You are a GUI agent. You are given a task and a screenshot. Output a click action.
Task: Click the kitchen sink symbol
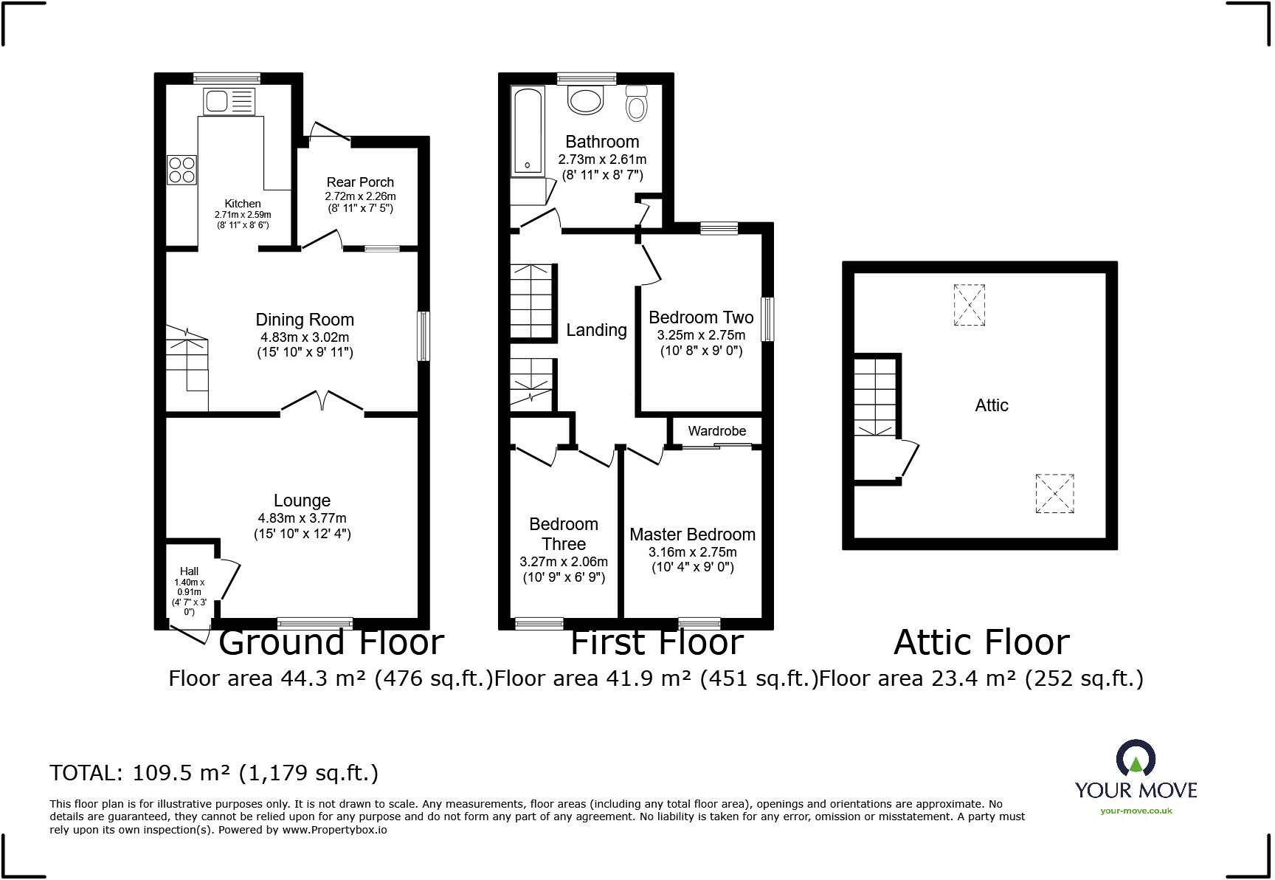229,101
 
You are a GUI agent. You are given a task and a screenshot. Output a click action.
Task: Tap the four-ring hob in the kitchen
182,170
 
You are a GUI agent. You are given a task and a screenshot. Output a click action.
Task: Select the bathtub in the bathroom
528,131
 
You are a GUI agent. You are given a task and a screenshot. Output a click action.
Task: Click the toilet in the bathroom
635,103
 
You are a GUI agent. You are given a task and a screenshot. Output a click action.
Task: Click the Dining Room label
305,320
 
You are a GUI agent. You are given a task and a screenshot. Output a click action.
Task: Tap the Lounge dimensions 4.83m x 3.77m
302,518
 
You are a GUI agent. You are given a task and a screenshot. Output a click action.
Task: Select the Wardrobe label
716,431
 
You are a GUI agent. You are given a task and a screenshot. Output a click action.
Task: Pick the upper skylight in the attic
969,305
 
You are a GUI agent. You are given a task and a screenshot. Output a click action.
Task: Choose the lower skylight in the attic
1054,493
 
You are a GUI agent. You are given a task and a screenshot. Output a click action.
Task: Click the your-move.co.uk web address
1136,811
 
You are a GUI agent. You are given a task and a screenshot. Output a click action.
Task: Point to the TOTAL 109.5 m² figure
214,773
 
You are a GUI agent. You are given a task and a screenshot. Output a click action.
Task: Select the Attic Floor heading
981,642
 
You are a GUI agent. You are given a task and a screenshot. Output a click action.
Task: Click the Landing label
596,330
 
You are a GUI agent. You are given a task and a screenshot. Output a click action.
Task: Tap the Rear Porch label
360,182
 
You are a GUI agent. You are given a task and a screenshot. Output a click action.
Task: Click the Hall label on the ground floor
189,571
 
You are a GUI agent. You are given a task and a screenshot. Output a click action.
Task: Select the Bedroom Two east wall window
767,319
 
